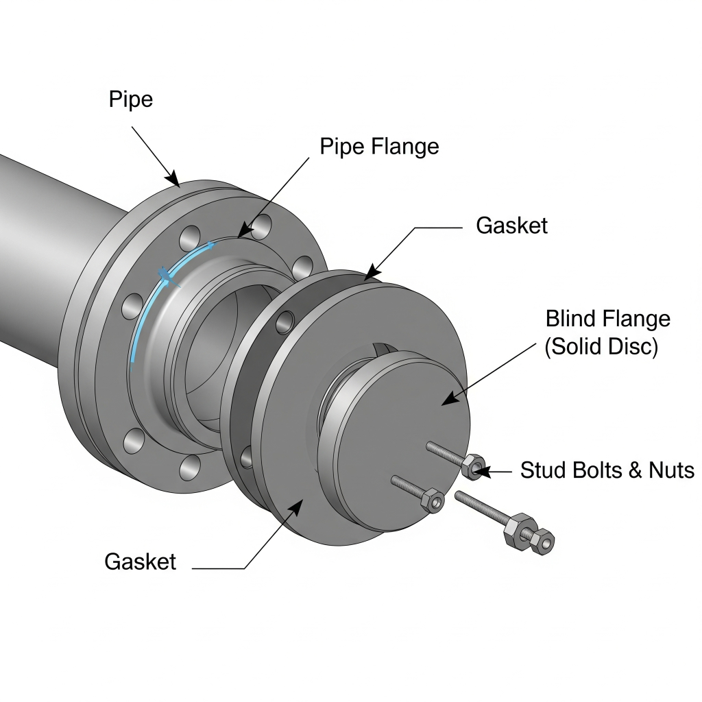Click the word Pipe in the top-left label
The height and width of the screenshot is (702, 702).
[x=131, y=99]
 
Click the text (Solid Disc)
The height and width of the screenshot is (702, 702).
[x=601, y=347]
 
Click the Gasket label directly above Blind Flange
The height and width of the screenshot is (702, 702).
[x=511, y=226]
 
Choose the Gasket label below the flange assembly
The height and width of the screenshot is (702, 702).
[x=140, y=561]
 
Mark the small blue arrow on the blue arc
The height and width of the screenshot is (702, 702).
[x=165, y=275]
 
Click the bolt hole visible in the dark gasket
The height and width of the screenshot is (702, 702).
[x=287, y=320]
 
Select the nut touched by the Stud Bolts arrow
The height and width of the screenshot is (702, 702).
[x=474, y=467]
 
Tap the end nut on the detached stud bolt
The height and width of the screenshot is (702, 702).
[x=544, y=542]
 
